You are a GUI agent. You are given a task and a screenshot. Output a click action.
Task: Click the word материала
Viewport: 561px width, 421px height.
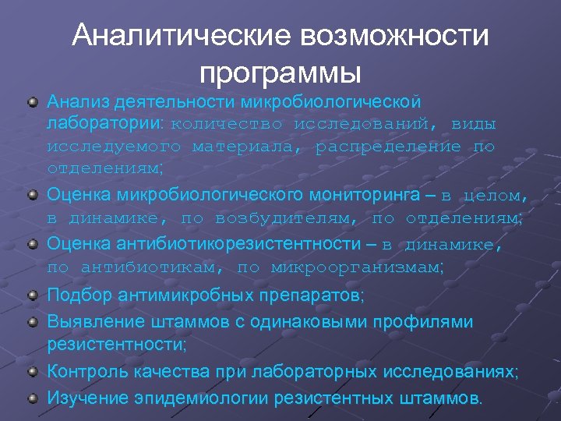pyautogui.click(x=248, y=146)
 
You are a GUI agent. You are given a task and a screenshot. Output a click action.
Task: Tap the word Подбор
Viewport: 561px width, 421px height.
pyautogui.click(x=77, y=296)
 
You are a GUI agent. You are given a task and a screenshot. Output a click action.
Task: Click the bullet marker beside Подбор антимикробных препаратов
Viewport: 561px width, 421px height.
pyautogui.click(x=32, y=296)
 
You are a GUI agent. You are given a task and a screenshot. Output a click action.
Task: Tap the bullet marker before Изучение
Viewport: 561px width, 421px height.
pyautogui.click(x=32, y=397)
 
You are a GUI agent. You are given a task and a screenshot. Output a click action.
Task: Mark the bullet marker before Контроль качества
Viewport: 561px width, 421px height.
pyautogui.click(x=32, y=371)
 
